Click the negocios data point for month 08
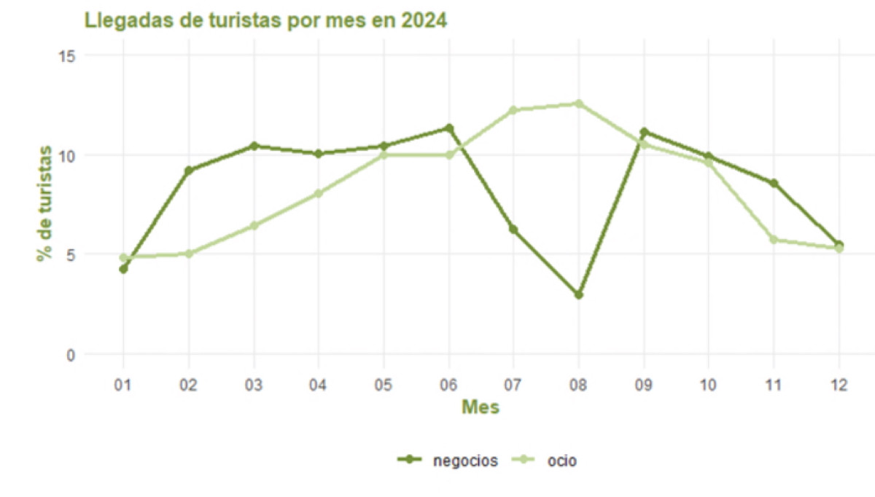click(579, 295)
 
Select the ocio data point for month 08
click(579, 103)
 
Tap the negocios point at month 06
click(449, 128)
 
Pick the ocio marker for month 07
click(513, 110)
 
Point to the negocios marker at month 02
click(189, 171)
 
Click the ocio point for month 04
click(319, 194)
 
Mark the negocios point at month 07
click(513, 230)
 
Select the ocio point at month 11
click(774, 240)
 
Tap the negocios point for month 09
click(644, 132)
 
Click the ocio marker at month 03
click(254, 226)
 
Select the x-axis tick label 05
click(384, 384)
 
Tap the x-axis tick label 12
click(839, 384)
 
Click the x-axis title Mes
click(481, 407)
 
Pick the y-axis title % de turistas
click(45, 203)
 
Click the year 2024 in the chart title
click(423, 20)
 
